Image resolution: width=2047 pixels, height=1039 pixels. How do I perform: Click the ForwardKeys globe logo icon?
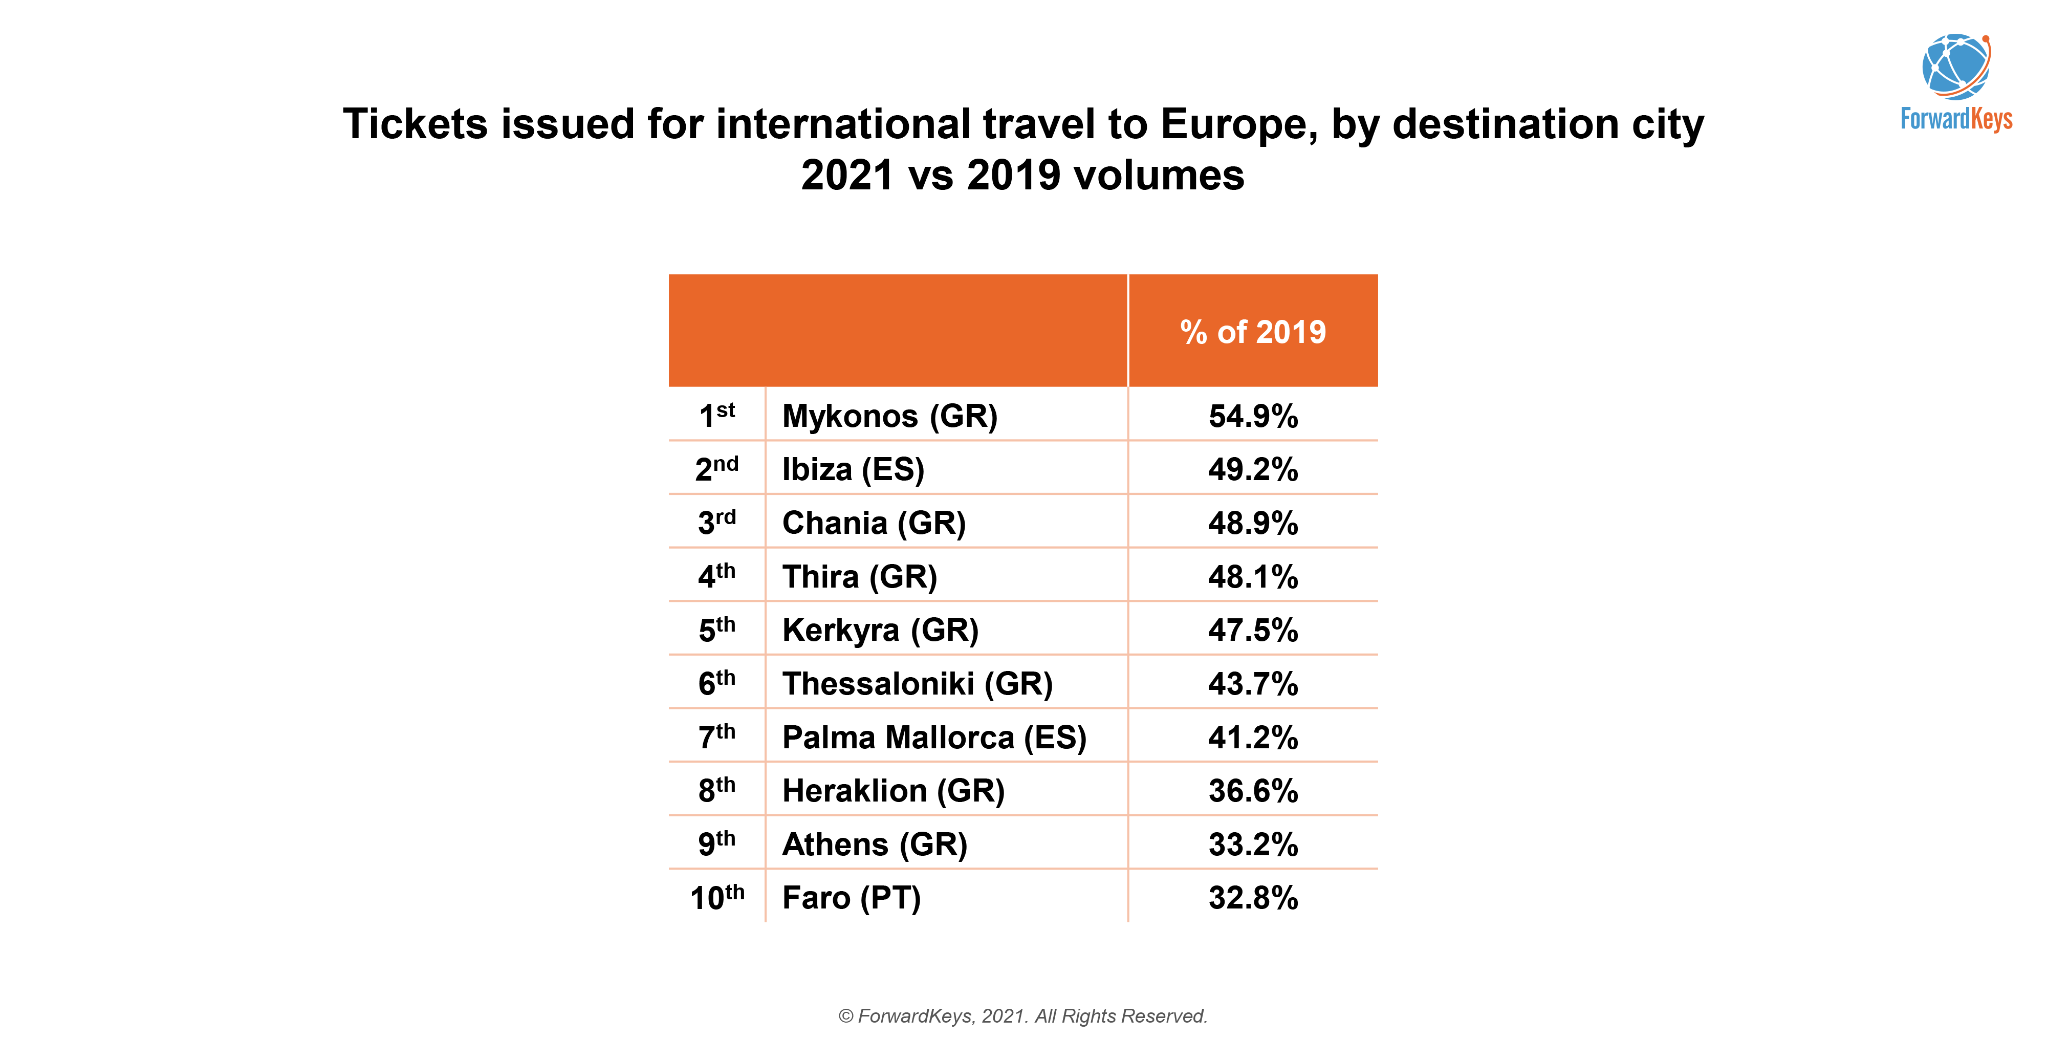(x=1955, y=66)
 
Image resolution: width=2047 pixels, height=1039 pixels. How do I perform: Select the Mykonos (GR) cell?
(x=889, y=416)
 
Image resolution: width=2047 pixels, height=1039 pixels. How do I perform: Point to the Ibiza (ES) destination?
(x=853, y=469)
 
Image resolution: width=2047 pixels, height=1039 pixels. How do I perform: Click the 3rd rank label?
(x=717, y=522)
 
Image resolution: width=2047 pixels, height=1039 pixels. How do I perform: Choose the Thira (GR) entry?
(x=859, y=576)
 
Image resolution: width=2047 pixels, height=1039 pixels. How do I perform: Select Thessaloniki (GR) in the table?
(x=917, y=684)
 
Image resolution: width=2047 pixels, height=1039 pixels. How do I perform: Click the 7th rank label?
(x=717, y=737)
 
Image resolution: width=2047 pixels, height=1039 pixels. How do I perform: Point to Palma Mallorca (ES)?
(x=934, y=737)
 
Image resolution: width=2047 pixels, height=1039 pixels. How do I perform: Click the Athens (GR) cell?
(x=874, y=844)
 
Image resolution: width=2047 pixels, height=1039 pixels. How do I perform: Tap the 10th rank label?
(x=717, y=898)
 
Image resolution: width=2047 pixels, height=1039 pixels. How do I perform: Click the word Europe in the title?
(x=1238, y=125)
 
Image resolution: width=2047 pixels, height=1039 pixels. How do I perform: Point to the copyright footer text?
(x=1022, y=1016)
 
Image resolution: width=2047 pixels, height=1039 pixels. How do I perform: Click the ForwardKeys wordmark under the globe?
(x=1955, y=119)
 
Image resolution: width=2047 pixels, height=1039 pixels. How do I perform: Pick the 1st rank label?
(x=717, y=416)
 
